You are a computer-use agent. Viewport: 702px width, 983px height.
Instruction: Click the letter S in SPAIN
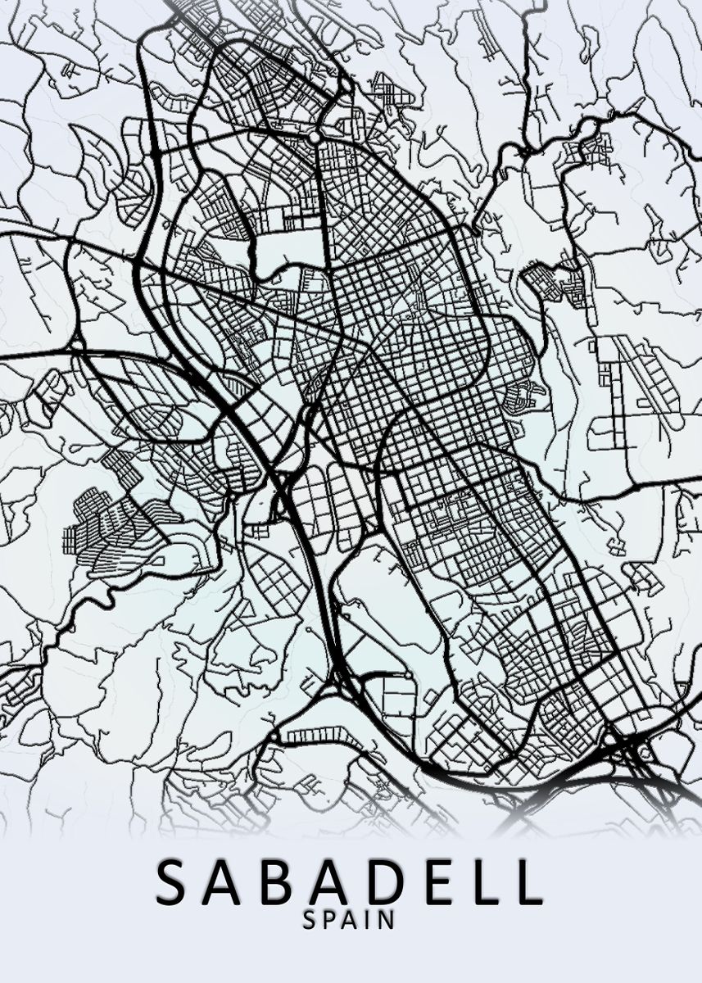pos(310,921)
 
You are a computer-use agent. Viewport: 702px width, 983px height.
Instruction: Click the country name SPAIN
pos(349,921)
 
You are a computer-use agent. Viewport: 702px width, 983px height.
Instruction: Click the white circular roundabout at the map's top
pos(315,138)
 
